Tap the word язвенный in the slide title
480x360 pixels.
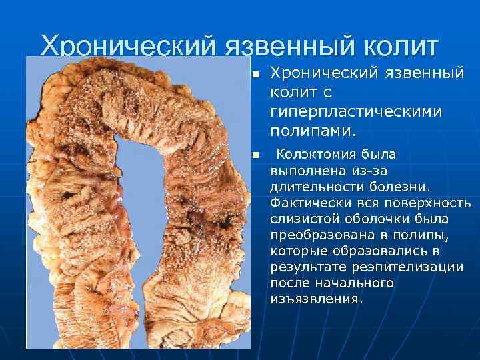(288, 47)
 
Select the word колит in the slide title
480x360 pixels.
(401, 47)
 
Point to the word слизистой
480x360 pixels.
(303, 219)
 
